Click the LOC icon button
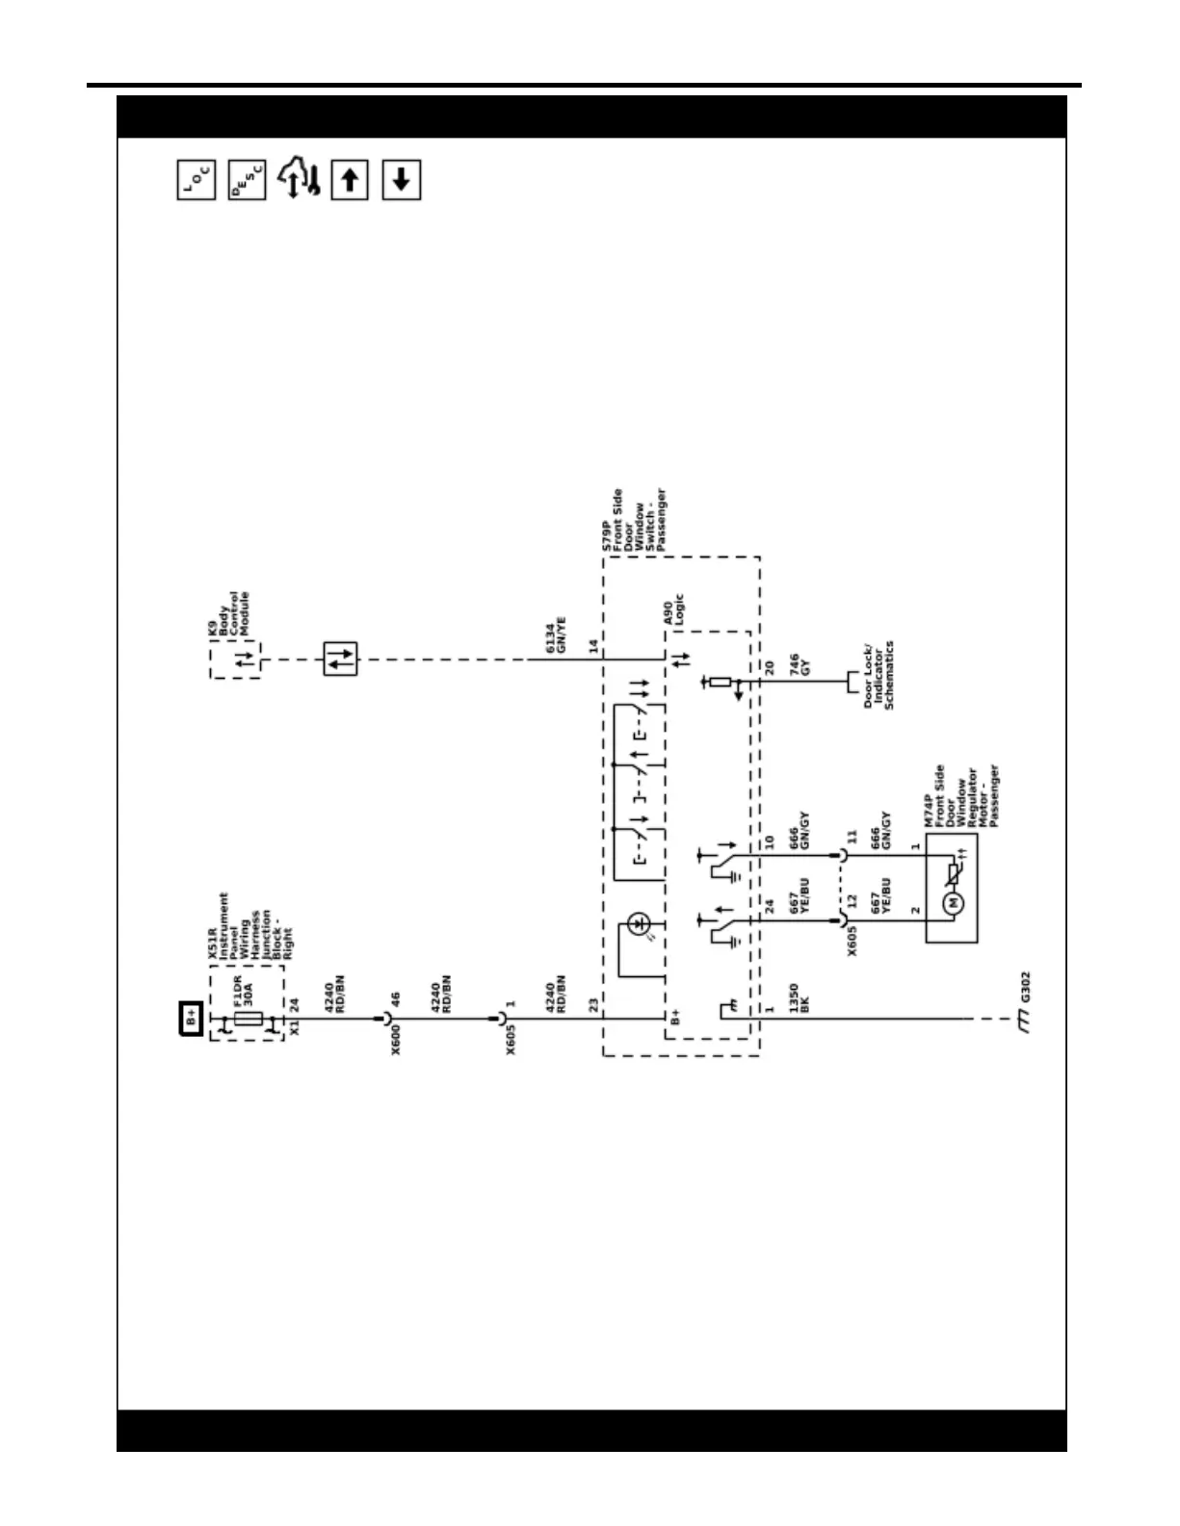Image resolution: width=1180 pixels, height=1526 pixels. (x=197, y=180)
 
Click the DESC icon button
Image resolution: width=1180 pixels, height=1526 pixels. (x=248, y=180)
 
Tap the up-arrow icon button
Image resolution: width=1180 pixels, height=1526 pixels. (x=350, y=180)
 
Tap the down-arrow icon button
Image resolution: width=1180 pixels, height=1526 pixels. (x=402, y=180)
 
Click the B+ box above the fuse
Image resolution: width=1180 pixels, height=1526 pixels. (x=192, y=1017)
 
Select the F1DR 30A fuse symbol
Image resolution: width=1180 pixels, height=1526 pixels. (x=249, y=1019)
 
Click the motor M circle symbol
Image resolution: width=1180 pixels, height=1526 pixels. (x=954, y=902)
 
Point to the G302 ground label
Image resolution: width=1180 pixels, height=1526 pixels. (x=1025, y=985)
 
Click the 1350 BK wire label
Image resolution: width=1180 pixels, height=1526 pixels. (x=799, y=998)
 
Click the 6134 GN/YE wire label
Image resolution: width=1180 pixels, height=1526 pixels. (x=556, y=637)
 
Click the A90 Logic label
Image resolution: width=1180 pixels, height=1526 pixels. (x=673, y=610)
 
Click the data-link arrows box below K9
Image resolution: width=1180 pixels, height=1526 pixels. (x=340, y=660)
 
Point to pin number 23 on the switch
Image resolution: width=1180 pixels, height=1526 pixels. (x=593, y=1004)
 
